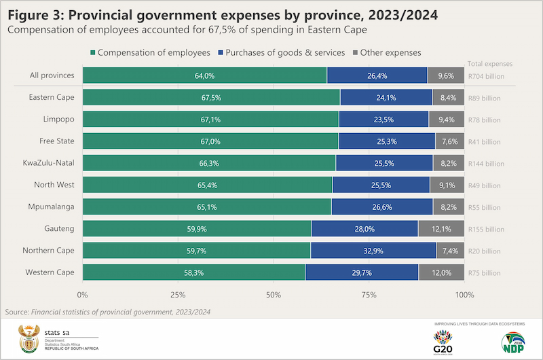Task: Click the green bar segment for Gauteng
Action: point(197,228)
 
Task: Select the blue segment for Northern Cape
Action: point(373,250)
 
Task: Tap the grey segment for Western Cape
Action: point(441,272)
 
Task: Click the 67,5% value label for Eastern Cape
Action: point(211,98)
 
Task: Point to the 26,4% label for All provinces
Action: point(377,76)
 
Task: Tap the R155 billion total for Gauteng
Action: point(486,229)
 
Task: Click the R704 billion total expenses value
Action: point(486,77)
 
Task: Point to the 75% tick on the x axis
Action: point(369,295)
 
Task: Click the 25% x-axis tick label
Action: point(178,295)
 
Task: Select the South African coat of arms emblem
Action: point(31,338)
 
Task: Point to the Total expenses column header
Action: point(490,64)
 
